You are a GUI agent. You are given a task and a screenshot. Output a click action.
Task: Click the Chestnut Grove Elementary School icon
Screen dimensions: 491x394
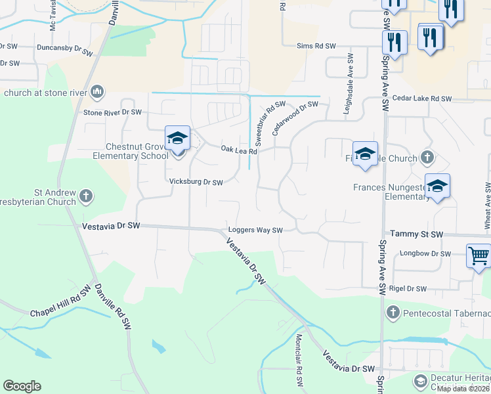pos(177,138)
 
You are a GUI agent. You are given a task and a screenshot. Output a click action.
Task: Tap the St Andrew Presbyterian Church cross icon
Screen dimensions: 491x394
pos(87,195)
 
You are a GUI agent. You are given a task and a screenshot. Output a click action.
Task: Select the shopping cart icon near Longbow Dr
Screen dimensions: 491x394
pos(479,255)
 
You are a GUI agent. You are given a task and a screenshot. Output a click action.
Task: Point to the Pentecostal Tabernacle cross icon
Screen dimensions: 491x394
pos(393,311)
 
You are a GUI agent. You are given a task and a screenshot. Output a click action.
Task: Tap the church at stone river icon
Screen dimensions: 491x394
pos(97,91)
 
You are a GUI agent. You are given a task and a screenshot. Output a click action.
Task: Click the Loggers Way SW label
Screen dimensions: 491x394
pos(255,230)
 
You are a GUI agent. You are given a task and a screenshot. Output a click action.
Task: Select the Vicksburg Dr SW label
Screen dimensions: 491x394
pos(196,182)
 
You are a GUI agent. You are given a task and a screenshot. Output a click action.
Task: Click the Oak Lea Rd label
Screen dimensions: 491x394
pos(238,150)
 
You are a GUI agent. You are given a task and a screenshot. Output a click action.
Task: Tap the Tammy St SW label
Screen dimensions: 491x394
pos(417,234)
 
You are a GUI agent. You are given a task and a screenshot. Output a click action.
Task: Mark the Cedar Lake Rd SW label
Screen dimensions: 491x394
pos(422,98)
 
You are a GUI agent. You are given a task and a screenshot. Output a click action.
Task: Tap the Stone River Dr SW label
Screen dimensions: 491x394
pos(112,112)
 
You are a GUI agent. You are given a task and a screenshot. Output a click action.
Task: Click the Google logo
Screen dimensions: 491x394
pos(22,386)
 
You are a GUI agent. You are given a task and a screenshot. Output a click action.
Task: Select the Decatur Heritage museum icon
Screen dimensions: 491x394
pos(420,380)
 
